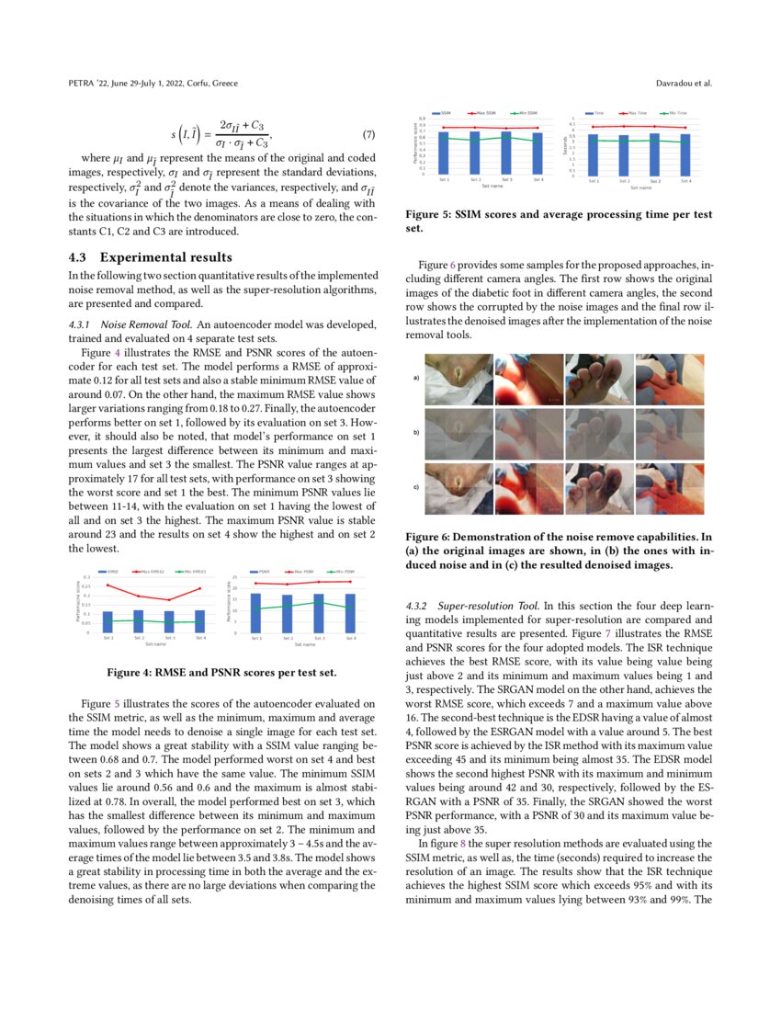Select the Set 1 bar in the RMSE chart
(x=108, y=621)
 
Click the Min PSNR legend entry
(x=342, y=571)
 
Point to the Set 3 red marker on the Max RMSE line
(x=169, y=600)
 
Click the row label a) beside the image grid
(x=416, y=377)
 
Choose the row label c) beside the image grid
(x=416, y=486)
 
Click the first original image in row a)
(x=457, y=378)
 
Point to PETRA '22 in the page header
(x=89, y=84)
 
